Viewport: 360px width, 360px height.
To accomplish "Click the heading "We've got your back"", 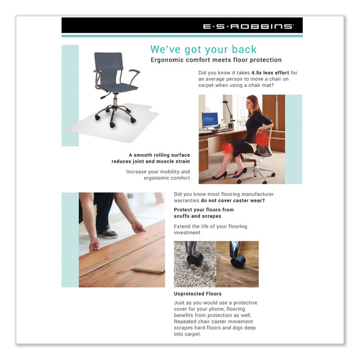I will pyautogui.click(x=204, y=49).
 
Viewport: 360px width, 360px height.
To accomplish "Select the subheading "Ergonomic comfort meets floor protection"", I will pyautogui.click(x=216, y=60).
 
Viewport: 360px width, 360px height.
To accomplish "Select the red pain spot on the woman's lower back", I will pyautogui.click(x=262, y=139).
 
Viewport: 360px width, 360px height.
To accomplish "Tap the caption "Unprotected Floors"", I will pyautogui.click(x=198, y=293).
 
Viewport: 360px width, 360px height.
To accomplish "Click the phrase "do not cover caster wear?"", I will pyautogui.click(x=232, y=200).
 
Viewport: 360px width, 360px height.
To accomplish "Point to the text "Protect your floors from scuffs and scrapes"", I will pyautogui.click(x=204, y=213).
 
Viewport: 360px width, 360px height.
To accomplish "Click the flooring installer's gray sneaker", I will pyautogui.click(x=108, y=234).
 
